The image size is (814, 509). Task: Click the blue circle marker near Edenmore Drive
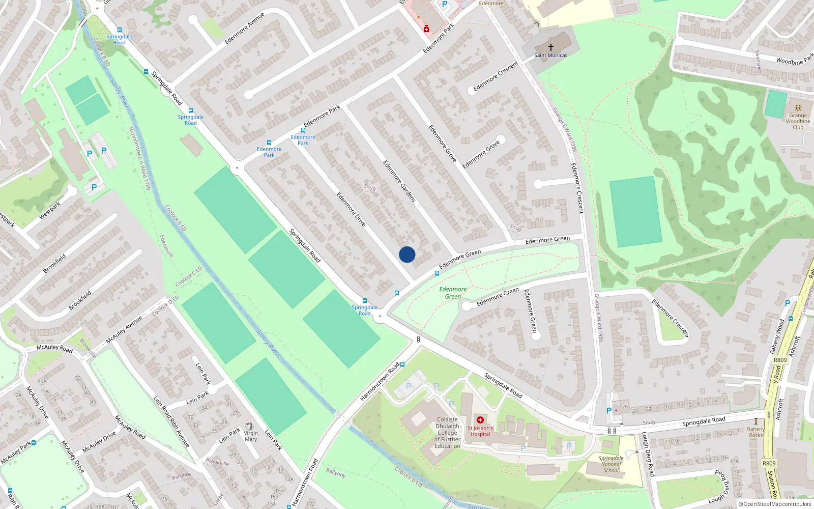point(407,254)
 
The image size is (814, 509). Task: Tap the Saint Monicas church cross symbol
point(550,47)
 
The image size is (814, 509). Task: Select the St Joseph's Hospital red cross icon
point(480,420)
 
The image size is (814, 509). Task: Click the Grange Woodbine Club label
point(798,121)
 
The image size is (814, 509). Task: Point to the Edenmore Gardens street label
point(399,181)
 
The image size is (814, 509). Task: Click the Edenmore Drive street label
point(351,209)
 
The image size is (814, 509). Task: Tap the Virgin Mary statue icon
point(249,426)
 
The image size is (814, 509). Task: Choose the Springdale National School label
point(611,464)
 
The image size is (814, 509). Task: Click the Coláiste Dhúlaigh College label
point(447,433)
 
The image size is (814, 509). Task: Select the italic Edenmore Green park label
point(453,293)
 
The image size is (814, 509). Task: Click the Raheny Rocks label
point(756,432)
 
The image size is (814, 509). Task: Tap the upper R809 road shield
point(780,360)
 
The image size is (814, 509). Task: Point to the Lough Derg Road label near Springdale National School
point(647,454)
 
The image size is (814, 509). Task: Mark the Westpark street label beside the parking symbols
point(49,210)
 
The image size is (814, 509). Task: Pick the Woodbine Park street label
point(795,60)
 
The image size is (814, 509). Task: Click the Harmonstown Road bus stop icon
point(402,364)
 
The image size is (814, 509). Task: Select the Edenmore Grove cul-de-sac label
point(481,155)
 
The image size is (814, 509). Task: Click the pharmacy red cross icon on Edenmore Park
point(426,29)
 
